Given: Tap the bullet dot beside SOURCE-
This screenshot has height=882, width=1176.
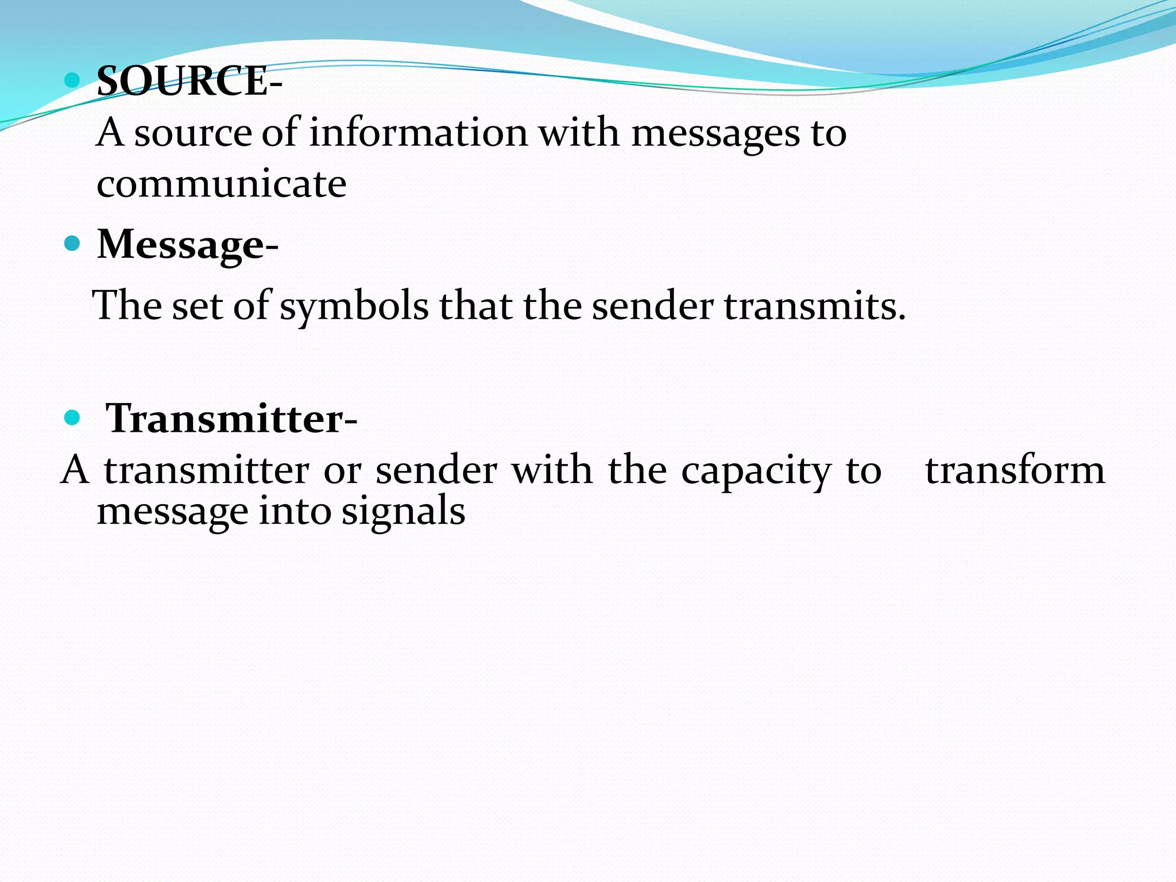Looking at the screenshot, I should point(72,80).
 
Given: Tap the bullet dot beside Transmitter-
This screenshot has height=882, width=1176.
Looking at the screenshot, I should point(72,418).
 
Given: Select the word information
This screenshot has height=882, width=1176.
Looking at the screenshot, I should point(418,133).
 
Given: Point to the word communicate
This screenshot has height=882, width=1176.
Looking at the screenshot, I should point(222,184).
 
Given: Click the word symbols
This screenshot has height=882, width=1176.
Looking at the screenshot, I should point(354,306).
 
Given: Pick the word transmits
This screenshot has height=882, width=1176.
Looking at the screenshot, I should point(814,306).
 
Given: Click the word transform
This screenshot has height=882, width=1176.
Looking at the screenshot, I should point(1015,470).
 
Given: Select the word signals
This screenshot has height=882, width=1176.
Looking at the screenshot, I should point(403,511).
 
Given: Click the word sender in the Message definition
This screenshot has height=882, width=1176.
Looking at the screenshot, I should point(652,306).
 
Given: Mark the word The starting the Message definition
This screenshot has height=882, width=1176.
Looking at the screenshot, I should point(127,305).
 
